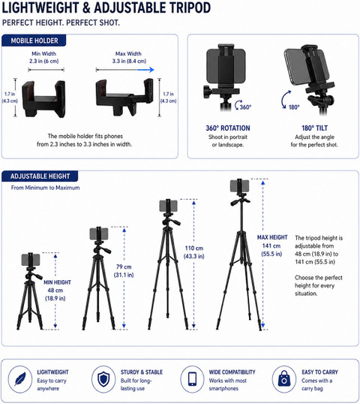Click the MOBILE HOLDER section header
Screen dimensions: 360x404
[34, 41]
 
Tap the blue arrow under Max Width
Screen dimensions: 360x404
[145, 70]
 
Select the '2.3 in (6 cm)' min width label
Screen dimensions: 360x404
[43, 61]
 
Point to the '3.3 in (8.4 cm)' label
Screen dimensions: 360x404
[129, 61]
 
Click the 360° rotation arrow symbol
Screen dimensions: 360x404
[238, 104]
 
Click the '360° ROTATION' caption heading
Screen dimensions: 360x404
[228, 128]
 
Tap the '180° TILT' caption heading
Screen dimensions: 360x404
[314, 128]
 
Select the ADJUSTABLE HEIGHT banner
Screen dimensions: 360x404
[40, 176]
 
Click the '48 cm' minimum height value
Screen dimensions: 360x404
[55, 291]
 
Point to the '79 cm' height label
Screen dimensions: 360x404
[124, 267]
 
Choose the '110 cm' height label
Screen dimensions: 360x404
[194, 248]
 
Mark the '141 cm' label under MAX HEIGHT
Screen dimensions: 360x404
[271, 246]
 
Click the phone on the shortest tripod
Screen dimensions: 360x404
[31, 260]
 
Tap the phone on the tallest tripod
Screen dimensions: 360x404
[239, 185]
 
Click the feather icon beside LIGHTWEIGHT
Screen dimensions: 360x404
[20, 379]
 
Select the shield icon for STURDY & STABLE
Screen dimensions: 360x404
[103, 379]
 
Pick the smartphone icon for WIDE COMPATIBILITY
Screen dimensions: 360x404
[192, 379]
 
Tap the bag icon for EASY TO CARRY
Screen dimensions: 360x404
[283, 378]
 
